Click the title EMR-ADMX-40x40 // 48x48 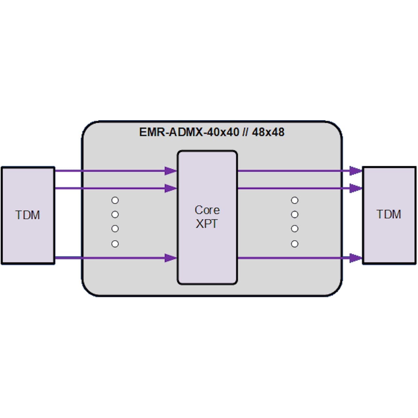(x=212, y=132)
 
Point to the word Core (x=207, y=210)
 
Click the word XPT (x=206, y=224)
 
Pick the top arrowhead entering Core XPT (x=170, y=171)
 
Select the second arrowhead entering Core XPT (x=170, y=188)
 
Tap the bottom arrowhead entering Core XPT (x=170, y=258)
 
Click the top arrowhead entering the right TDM (x=356, y=171)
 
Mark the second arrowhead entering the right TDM (x=356, y=188)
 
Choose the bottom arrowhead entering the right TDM (x=356, y=258)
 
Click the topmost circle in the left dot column (x=115, y=200)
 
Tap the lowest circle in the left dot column (x=115, y=244)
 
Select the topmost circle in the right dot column (x=295, y=200)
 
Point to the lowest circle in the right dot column (x=295, y=244)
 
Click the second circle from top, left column (x=115, y=215)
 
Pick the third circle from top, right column (x=295, y=229)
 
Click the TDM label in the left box (x=28, y=215)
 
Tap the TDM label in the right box (x=389, y=215)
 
